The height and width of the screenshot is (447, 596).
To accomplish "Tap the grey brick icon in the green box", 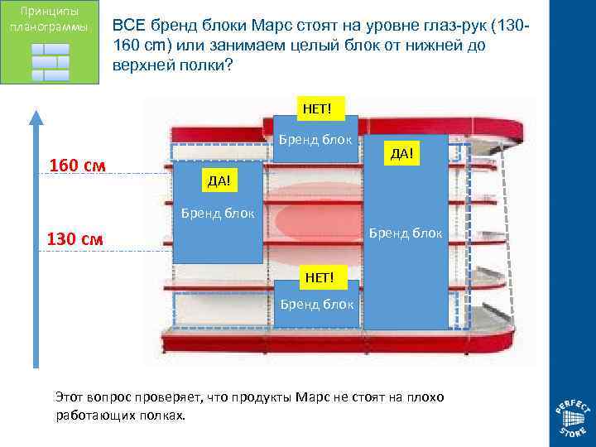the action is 50,62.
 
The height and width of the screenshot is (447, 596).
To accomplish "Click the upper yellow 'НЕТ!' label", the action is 317,108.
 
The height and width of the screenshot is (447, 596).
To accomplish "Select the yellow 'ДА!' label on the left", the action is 218,180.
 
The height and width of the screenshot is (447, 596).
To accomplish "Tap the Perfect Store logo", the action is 572,418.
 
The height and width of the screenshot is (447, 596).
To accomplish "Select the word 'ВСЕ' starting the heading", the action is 130,26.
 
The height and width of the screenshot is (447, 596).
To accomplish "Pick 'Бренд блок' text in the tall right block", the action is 406,233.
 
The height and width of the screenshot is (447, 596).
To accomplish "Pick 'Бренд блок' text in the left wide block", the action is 218,214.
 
